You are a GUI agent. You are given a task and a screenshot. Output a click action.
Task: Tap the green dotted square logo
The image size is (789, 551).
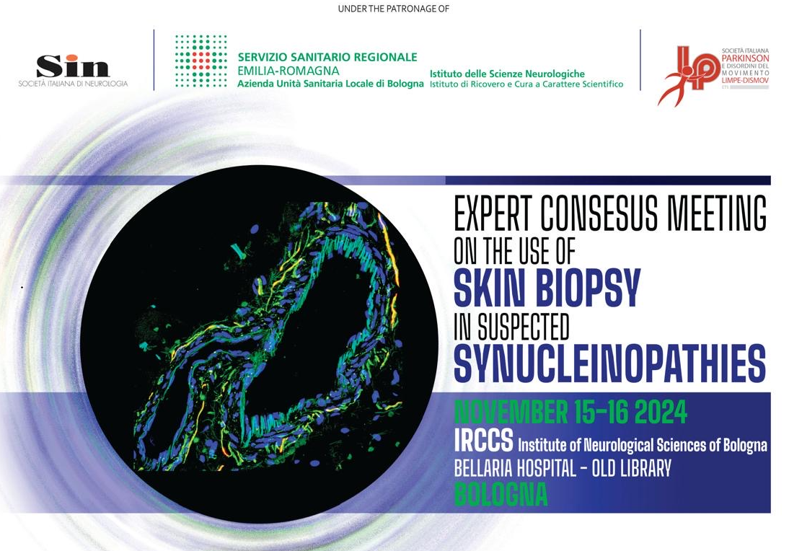(x=201, y=61)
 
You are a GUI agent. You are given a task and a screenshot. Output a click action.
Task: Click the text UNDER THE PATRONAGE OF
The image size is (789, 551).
(x=394, y=9)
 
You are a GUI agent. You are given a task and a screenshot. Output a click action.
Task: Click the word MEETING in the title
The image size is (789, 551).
(x=718, y=213)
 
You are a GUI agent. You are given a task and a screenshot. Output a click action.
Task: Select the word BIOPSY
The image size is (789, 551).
(x=585, y=287)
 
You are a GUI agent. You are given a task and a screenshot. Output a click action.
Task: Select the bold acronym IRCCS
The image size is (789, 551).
(x=483, y=439)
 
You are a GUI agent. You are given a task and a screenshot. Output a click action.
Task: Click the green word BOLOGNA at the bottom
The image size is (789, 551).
(x=501, y=495)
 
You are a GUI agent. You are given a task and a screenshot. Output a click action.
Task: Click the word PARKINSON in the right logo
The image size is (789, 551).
(x=745, y=58)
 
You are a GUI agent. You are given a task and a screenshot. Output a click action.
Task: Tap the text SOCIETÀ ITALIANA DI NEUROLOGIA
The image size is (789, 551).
(x=73, y=84)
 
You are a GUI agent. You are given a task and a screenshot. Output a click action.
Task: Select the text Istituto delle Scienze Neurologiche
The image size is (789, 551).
(x=507, y=74)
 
